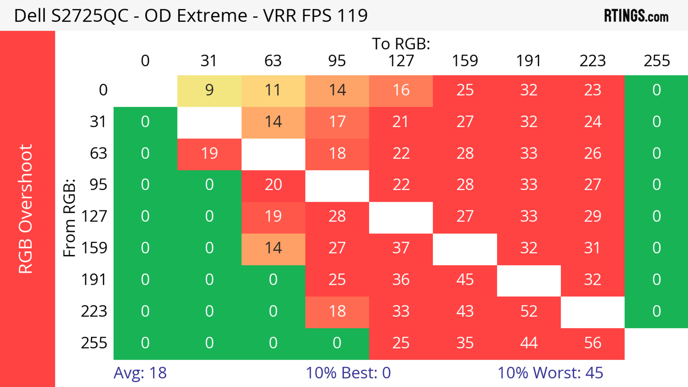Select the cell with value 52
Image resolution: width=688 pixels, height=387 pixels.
pos(529,311)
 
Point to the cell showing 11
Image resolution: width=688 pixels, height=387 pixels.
pos(273,90)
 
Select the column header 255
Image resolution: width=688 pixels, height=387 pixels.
pos(656,61)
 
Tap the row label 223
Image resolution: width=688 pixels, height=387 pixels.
pos(94,311)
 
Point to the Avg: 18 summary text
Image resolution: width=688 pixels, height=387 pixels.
pos(140,373)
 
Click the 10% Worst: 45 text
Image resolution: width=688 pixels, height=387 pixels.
pos(550,373)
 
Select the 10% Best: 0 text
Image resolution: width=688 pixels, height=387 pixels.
pos(348,373)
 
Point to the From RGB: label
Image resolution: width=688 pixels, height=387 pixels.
pos(70,218)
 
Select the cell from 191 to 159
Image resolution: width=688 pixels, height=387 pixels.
pos(465,280)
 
